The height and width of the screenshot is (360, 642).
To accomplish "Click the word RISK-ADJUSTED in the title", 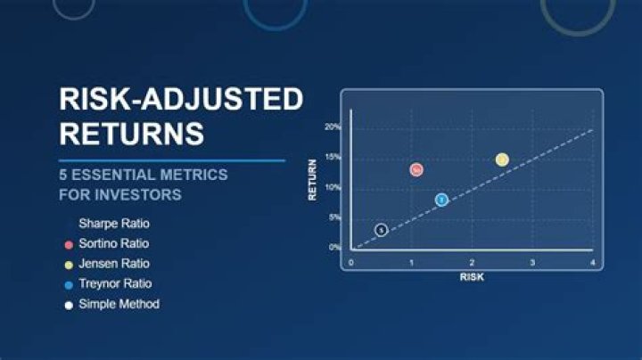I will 181,99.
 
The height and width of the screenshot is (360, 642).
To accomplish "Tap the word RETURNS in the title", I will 131,134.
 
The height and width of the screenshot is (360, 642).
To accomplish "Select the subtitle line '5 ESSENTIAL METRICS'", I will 144,174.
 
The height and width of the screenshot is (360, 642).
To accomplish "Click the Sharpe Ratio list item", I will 113,223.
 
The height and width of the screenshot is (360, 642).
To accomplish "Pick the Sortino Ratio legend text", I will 113,243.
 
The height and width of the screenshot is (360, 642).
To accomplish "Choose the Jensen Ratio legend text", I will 113,264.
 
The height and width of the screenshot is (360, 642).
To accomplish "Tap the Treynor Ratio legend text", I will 115,283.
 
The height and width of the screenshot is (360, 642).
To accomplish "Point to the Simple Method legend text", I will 119,304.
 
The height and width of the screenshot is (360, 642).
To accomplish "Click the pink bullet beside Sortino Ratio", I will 69,244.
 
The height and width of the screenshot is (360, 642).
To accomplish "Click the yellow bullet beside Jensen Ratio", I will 69,265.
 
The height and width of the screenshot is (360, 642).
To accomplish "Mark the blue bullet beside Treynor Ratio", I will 69,284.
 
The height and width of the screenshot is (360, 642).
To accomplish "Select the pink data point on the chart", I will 416,169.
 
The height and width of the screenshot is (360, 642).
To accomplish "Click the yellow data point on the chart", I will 502,160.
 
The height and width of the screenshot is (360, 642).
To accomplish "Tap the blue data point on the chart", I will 441,200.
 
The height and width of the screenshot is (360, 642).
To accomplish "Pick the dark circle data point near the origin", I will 381,230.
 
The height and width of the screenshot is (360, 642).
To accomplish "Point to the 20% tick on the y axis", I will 332,127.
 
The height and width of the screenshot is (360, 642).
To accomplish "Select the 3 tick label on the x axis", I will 532,263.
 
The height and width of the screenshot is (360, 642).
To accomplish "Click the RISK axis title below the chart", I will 472,276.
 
